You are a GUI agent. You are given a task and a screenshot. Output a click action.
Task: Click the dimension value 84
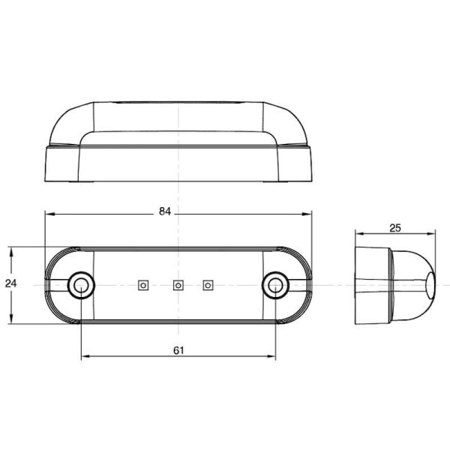(x=166, y=212)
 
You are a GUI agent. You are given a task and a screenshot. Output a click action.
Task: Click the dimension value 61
(x=178, y=350)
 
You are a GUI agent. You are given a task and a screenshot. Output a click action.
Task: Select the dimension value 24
(x=10, y=283)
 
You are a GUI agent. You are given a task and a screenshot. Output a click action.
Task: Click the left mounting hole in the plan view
(x=79, y=284)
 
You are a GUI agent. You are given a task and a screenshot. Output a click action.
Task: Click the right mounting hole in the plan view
(x=276, y=284)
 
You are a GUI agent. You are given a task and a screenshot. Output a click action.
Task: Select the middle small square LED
(x=178, y=284)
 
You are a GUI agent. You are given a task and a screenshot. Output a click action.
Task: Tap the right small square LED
(x=208, y=284)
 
